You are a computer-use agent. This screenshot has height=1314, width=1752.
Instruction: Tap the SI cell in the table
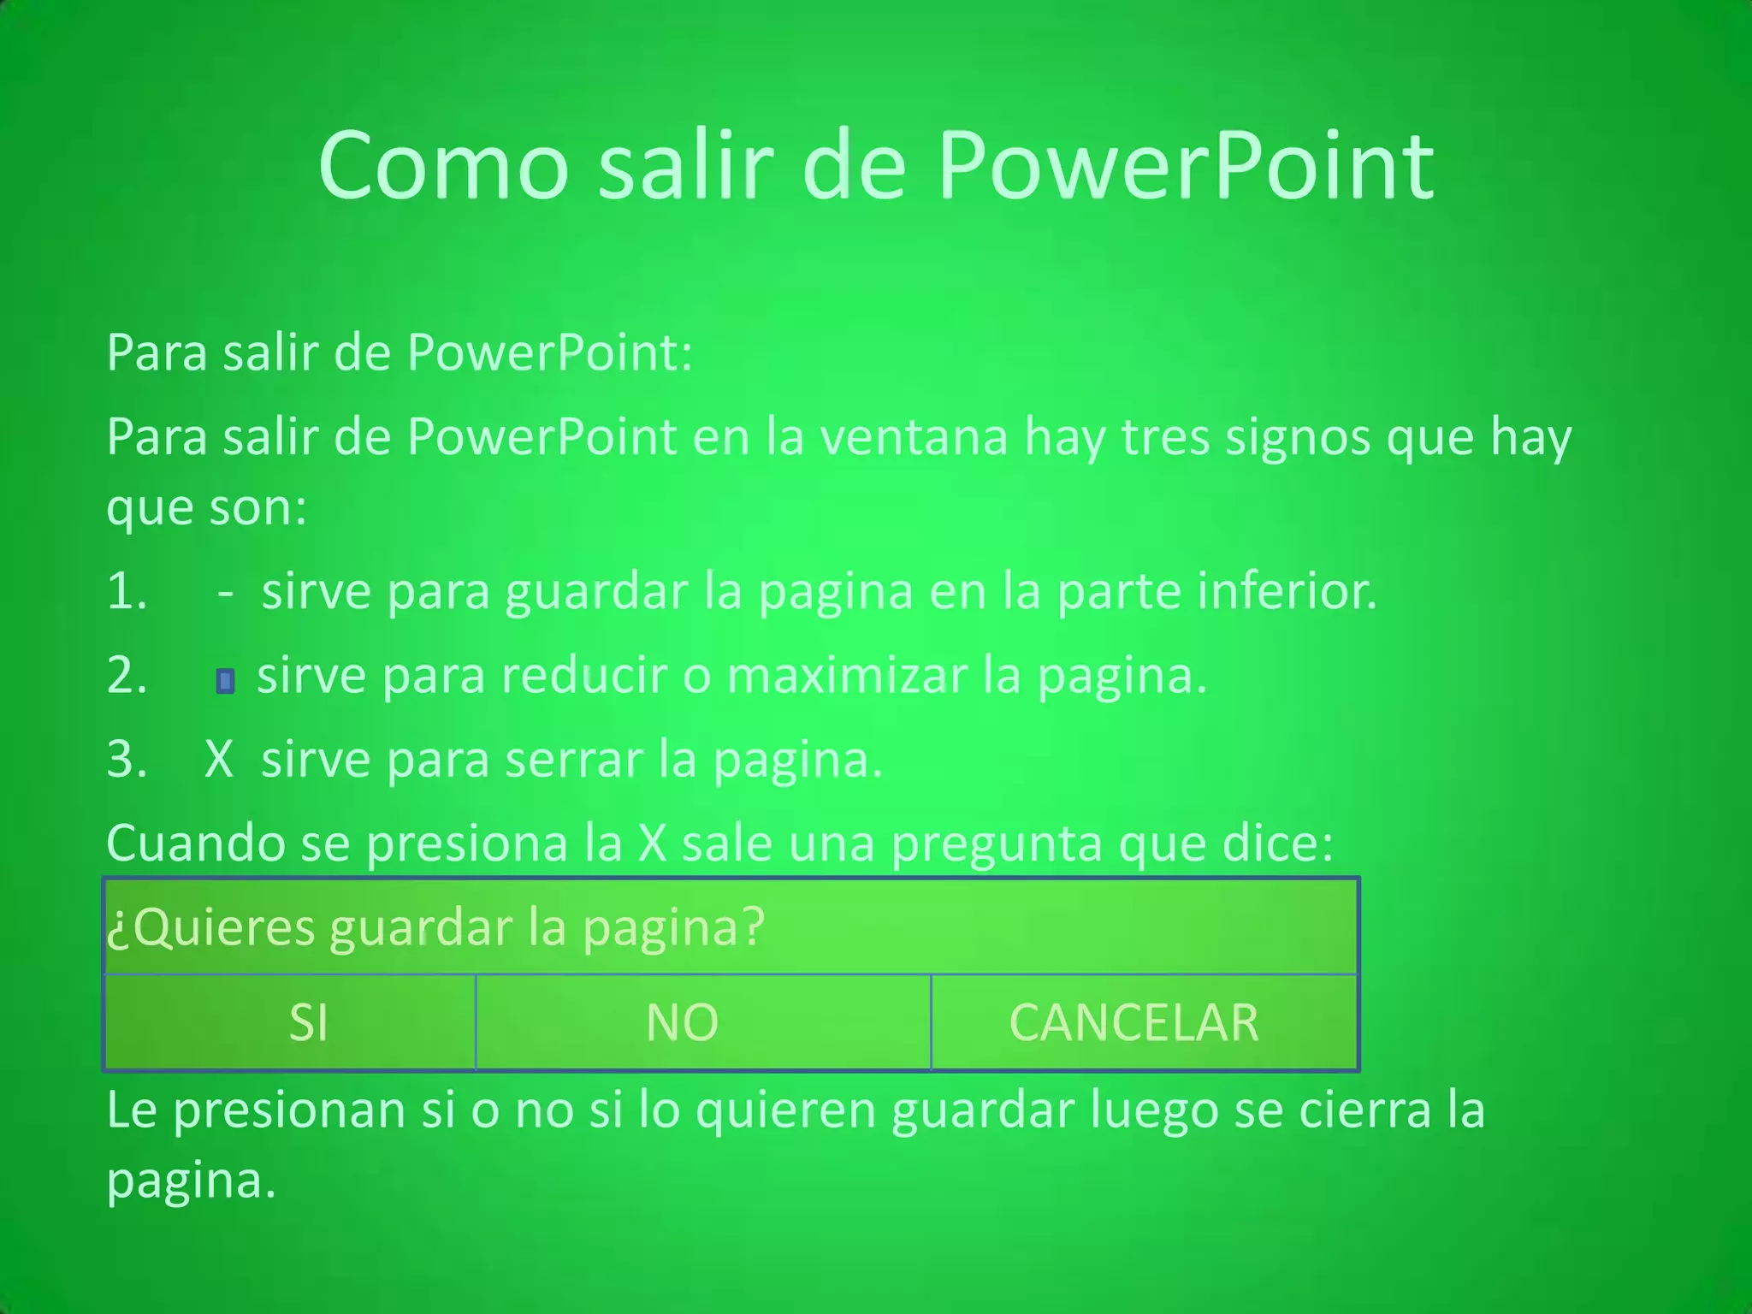point(308,1022)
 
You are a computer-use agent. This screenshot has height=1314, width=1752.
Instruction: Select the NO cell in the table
point(682,1022)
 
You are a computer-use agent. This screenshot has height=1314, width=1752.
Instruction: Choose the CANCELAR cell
point(1133,1022)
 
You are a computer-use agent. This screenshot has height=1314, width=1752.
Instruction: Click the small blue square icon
point(225,681)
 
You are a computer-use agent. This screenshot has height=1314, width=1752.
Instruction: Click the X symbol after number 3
point(219,759)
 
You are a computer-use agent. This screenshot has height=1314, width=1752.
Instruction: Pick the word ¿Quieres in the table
point(210,927)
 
